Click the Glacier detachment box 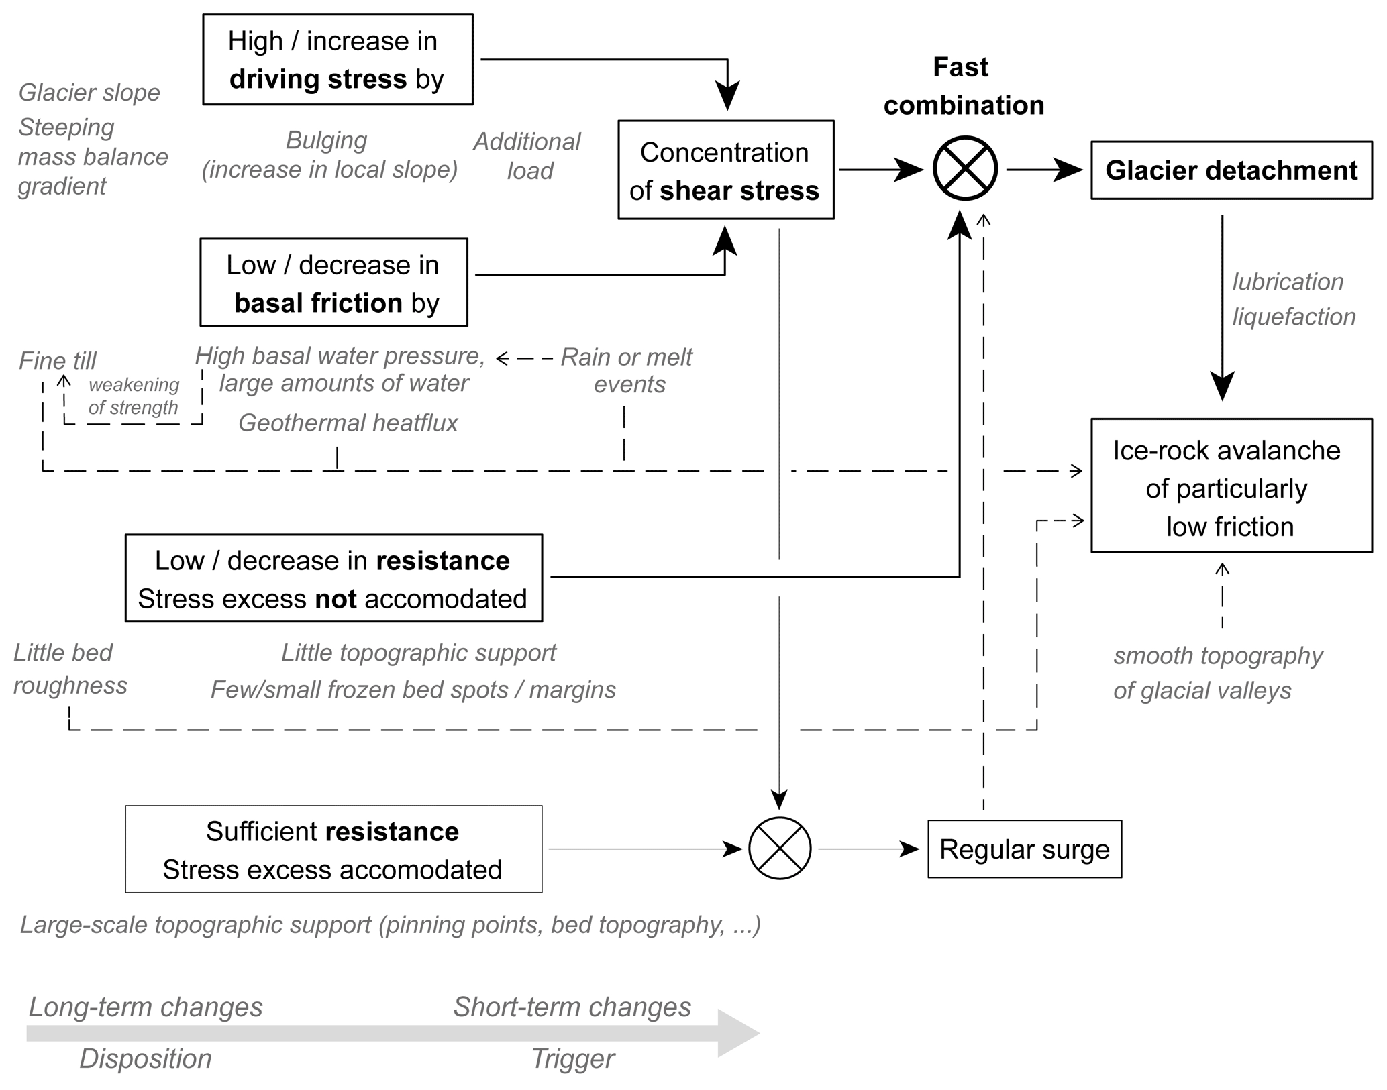coord(1231,170)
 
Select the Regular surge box coord(1024,849)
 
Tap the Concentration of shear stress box coord(725,170)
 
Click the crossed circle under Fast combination coord(965,168)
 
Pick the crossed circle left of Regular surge coord(779,849)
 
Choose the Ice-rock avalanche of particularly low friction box coord(1231,486)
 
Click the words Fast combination coord(963,87)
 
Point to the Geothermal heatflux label coord(348,423)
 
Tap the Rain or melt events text coord(627,370)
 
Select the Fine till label coord(58,361)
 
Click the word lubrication coord(1288,282)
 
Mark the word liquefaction coord(1294,317)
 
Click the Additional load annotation coord(527,156)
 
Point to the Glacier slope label coord(89,93)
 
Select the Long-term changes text coord(146,1007)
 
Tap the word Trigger coord(572,1058)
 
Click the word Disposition coord(146,1058)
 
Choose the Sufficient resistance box coord(333,849)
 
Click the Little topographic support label coord(419,653)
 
